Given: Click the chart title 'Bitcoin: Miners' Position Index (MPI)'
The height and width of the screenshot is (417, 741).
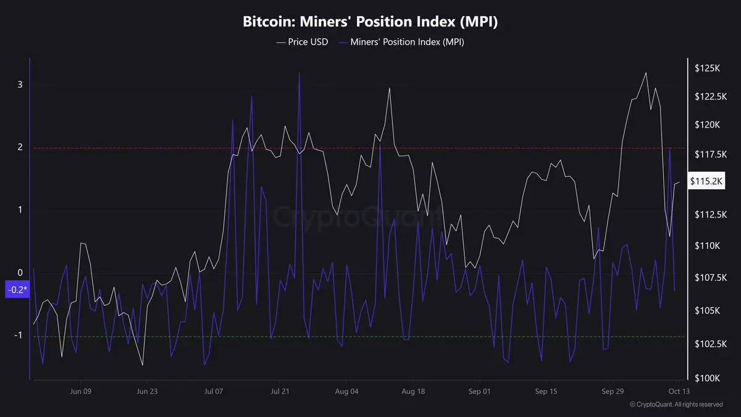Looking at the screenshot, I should point(370,22).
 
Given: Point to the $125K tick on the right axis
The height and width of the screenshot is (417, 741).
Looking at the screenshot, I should point(707,68).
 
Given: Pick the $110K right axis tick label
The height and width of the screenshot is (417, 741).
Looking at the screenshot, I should point(707,245).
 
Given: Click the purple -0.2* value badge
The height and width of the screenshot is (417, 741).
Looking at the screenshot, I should point(17,290).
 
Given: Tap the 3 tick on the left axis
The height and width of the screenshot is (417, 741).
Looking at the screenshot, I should point(20,84).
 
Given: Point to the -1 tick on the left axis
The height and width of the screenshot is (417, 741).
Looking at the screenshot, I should point(19,335).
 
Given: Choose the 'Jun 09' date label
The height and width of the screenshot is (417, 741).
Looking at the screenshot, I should point(81,391).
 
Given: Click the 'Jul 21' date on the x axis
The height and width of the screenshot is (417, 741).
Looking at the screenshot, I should point(280,391).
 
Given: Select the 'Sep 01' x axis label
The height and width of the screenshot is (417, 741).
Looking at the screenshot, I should point(479,391).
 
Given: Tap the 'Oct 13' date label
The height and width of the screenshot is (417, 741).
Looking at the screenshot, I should point(678,391).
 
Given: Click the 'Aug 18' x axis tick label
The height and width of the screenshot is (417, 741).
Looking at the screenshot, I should point(412,391).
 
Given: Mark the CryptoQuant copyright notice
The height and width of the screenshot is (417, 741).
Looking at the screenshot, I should point(676,405).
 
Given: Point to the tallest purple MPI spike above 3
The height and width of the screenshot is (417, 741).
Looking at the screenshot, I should point(299,73).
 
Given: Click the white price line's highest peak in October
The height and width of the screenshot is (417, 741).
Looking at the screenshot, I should point(646,73).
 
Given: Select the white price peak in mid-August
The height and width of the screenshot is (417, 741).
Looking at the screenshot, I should point(390,88).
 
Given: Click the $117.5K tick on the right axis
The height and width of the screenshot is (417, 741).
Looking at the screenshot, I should point(707,154).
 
